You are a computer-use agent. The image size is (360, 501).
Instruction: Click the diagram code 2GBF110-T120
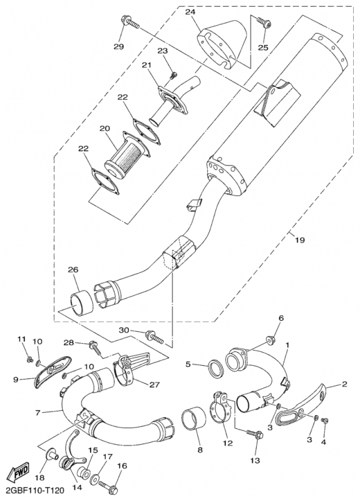coord(33,490)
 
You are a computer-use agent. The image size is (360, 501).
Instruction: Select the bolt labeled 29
coord(130,23)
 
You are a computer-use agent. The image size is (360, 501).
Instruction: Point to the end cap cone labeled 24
coord(224,44)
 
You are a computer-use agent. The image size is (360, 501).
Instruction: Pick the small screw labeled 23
coord(173,75)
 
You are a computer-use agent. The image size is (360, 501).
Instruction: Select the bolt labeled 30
coord(155,337)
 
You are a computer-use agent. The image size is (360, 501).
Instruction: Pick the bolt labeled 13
coord(255,433)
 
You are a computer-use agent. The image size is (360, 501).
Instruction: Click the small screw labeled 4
coord(324,420)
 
